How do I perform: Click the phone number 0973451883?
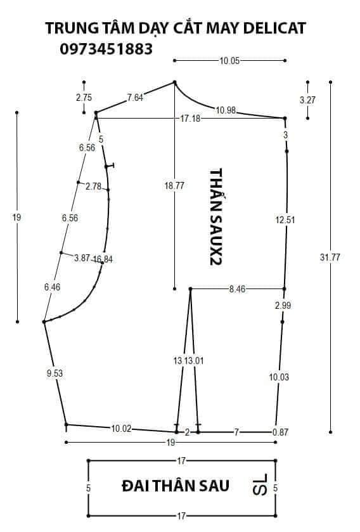coord(106,49)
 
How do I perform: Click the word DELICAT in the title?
coord(274,28)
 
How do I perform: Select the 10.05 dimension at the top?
coord(229,61)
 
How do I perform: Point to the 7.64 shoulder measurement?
coord(135,98)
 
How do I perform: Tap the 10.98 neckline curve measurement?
coord(226,110)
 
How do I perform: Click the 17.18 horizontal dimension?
coord(190,119)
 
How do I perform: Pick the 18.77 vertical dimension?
coord(174,186)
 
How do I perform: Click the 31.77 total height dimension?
coord(330,257)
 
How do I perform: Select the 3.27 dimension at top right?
coord(307,100)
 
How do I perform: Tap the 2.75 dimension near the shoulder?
coord(84,98)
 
